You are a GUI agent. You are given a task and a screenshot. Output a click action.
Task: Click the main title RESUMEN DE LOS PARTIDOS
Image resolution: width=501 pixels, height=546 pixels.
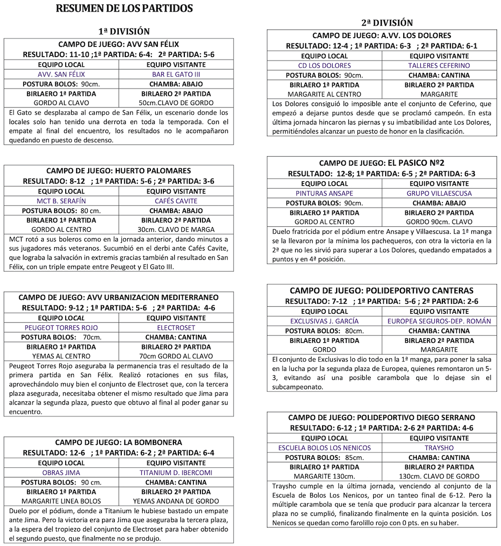click(124, 9)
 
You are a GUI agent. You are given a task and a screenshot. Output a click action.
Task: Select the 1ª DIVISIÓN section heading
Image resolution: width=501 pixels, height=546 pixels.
click(124, 31)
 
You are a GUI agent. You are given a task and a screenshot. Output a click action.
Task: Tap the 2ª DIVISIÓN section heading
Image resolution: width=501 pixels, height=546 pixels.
click(387, 23)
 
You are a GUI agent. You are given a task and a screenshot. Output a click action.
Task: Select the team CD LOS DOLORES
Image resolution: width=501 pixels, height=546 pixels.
click(324, 66)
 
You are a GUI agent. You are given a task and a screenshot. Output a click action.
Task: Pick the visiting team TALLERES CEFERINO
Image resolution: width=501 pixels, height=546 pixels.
click(439, 66)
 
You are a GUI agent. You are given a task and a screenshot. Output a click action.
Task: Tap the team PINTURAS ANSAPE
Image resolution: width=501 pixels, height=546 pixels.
click(324, 194)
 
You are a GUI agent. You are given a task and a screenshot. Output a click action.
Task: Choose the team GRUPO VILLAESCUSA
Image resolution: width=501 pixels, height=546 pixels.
click(439, 194)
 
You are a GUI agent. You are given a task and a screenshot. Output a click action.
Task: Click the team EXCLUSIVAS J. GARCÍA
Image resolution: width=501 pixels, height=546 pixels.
click(324, 321)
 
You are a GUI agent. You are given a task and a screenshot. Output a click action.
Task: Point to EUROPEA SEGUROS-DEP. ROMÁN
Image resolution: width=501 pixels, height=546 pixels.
click(439, 321)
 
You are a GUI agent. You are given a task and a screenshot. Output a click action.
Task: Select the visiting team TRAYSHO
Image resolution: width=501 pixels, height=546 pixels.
click(439, 448)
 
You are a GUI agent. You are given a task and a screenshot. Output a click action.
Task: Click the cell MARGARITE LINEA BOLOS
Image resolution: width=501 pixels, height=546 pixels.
click(61, 501)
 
